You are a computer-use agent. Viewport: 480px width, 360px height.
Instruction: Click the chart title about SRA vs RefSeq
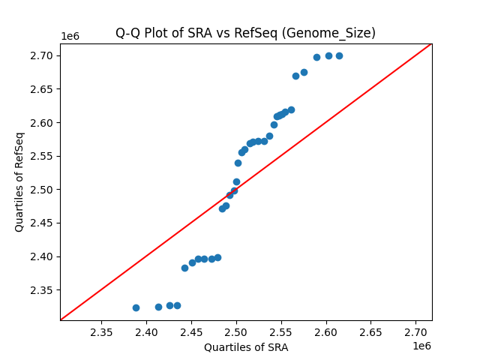pos(245,33)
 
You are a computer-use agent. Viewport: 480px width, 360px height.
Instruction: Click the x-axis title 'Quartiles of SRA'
pos(245,347)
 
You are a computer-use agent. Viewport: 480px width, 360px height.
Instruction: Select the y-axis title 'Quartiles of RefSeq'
pos(19,181)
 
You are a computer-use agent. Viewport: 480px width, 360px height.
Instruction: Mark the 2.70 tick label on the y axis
pos(41,55)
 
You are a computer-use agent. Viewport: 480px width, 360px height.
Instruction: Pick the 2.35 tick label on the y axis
pos(41,290)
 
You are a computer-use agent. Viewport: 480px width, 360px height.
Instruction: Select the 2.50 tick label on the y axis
pos(41,190)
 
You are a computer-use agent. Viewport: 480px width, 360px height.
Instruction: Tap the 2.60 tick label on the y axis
pos(41,122)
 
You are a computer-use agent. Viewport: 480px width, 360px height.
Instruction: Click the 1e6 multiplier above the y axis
pos(70,37)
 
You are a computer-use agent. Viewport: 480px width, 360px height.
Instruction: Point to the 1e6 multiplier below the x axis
pos(421,346)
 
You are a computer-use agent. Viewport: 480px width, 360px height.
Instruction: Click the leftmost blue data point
pos(136,307)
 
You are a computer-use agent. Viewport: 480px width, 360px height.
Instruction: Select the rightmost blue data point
pos(339,55)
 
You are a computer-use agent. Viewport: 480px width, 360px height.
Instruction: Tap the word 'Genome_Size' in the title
pos(338,33)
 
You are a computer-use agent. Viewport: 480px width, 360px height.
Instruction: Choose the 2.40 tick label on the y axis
pos(41,256)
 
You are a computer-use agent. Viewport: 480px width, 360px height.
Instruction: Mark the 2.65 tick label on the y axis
pos(41,89)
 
